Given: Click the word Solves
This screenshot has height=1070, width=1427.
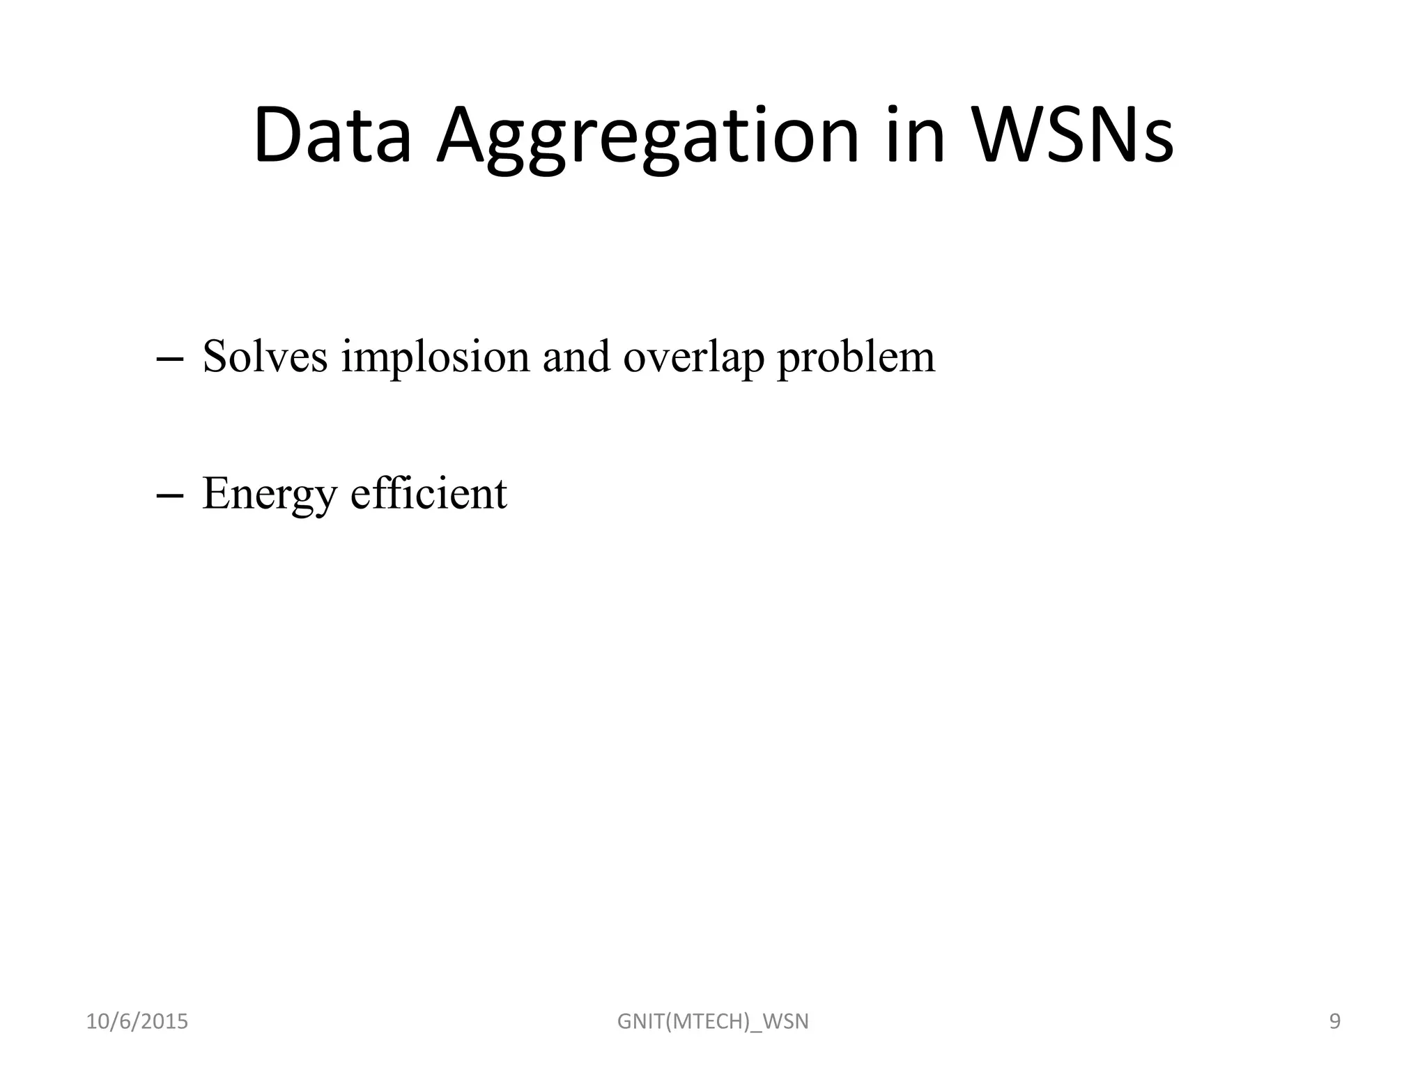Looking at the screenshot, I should (265, 357).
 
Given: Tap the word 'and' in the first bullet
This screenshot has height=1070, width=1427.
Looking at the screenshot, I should (576, 357).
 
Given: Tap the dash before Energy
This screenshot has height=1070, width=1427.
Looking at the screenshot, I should (170, 495).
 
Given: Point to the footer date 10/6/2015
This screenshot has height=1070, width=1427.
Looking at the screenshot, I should (137, 1022).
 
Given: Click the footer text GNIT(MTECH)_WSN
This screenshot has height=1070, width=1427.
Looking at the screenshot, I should (713, 1022).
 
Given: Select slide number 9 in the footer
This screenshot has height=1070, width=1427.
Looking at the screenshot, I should (1335, 1022).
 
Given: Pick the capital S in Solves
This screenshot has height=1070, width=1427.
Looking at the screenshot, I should (216, 357).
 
